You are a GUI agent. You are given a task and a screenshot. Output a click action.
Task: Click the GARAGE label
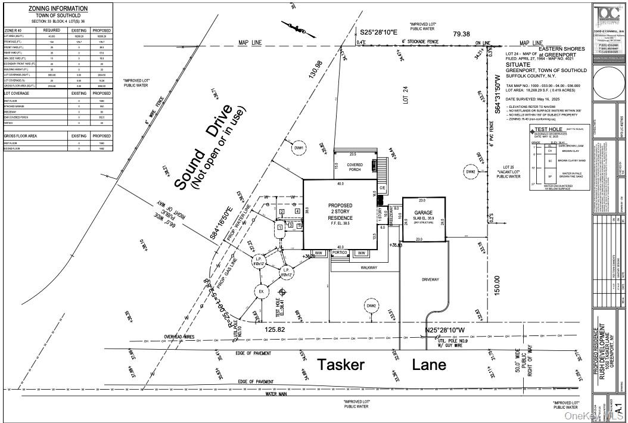[x=424, y=212]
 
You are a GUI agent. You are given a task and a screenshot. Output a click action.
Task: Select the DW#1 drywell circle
[x=299, y=148]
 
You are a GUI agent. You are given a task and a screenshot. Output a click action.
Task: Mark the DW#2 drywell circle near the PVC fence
[x=471, y=172]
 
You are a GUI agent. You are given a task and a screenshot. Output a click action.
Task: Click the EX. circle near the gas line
[x=260, y=291]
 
